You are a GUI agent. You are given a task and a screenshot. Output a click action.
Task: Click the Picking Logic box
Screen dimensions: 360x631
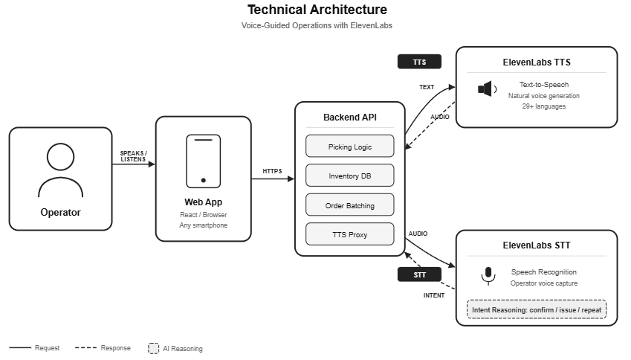point(349,147)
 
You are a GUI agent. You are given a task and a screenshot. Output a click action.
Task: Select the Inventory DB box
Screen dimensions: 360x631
point(349,176)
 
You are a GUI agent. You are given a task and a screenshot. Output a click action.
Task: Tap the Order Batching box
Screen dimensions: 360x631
point(349,205)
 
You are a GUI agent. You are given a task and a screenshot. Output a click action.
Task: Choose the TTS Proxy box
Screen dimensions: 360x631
point(349,235)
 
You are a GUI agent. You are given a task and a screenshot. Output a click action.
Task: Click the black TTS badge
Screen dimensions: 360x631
point(419,62)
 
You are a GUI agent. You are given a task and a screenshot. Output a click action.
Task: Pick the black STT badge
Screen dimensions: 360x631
point(420,274)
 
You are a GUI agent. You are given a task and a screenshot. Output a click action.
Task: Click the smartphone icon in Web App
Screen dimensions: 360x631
point(203,160)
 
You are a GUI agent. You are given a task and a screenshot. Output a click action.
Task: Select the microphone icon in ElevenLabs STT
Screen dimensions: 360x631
point(488,276)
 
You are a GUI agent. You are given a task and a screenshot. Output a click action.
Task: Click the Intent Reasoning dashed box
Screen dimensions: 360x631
point(536,309)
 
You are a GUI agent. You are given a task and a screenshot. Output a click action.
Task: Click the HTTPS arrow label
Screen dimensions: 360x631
point(273,171)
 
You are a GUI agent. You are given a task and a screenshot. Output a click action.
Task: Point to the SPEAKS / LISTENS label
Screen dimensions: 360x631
point(134,156)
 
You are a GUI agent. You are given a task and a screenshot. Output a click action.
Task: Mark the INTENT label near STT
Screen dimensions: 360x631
point(434,295)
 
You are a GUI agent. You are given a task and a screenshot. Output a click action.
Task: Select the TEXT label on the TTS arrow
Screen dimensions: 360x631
point(427,87)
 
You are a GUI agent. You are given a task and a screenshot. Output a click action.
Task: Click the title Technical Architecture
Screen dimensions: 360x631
point(317,10)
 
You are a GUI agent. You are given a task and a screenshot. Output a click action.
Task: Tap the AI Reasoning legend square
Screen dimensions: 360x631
point(154,348)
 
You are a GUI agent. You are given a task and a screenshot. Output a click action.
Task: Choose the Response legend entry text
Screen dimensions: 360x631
point(116,348)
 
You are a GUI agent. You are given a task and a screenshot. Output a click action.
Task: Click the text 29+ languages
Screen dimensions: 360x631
point(543,106)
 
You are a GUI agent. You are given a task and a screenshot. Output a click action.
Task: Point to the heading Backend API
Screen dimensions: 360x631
point(349,118)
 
